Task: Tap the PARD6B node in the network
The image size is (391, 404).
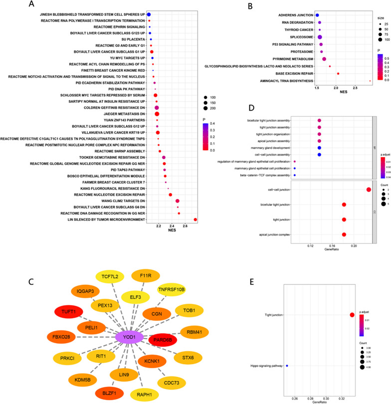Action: tap(163, 341)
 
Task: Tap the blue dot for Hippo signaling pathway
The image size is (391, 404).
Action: tap(287, 366)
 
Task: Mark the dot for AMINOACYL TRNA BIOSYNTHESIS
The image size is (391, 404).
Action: tap(370, 80)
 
